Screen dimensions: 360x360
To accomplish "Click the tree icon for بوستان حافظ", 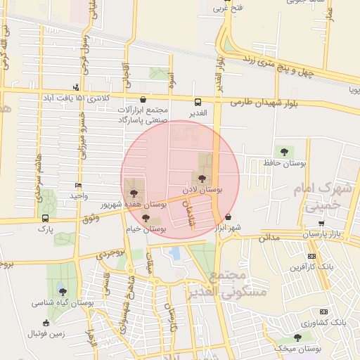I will point(284,152).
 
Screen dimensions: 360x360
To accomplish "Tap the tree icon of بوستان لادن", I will point(202,179).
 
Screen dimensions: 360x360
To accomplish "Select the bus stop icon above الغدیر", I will point(198,101).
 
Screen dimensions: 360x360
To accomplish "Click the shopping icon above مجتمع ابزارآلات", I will point(144,100).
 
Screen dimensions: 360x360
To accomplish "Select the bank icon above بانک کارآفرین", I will point(311,257).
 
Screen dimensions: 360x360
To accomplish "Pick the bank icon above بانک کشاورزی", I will point(324,311).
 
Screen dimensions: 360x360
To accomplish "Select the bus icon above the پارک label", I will point(46,218).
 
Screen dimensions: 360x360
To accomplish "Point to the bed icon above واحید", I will point(78,186).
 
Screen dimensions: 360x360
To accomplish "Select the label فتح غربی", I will point(231,8).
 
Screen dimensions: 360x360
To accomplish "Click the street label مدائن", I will point(269,238).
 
